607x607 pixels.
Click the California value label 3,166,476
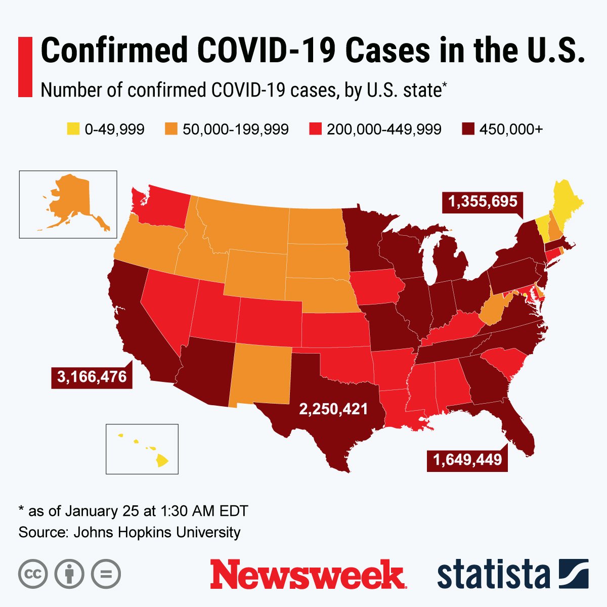(92, 377)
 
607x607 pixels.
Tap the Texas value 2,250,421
(333, 409)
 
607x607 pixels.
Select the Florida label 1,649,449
(467, 459)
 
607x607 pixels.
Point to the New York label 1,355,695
(483, 202)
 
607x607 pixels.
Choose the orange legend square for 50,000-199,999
(171, 129)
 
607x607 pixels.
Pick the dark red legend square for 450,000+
(467, 129)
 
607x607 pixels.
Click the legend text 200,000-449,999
(384, 129)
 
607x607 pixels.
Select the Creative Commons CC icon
(33, 574)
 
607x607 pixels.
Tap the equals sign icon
(106, 574)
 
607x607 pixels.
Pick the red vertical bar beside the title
(25, 67)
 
